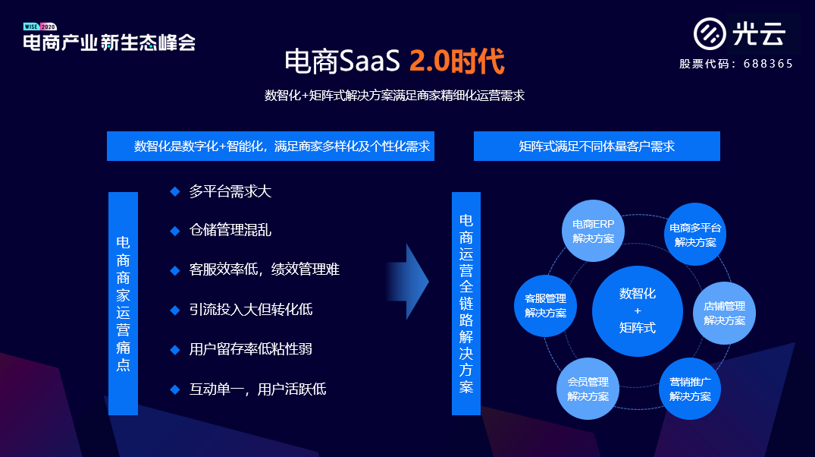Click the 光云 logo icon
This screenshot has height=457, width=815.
point(710,33)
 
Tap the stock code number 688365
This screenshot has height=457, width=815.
point(769,64)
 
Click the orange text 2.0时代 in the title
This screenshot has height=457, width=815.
point(456,61)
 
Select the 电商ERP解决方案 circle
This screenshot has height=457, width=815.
point(593,231)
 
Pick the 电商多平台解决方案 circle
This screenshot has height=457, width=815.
point(695,235)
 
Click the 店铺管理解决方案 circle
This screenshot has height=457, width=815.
point(724,313)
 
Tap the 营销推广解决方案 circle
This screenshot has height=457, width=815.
point(690,389)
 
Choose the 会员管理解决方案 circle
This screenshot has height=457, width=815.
point(588,389)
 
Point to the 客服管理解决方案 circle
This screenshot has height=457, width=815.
point(545,305)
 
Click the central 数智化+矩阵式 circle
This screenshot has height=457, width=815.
point(637,310)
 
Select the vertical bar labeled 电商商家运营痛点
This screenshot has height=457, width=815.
point(123,303)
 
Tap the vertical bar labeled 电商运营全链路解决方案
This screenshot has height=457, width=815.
point(466,303)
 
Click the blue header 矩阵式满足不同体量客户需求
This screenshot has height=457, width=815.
point(597,147)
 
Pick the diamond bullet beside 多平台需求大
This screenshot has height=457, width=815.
point(174,191)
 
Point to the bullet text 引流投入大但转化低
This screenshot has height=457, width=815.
point(250,309)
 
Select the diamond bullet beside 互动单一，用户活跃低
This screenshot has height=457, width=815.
point(174,389)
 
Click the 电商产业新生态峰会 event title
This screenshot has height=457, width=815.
point(109,43)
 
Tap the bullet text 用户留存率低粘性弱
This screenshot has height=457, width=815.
point(250,349)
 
